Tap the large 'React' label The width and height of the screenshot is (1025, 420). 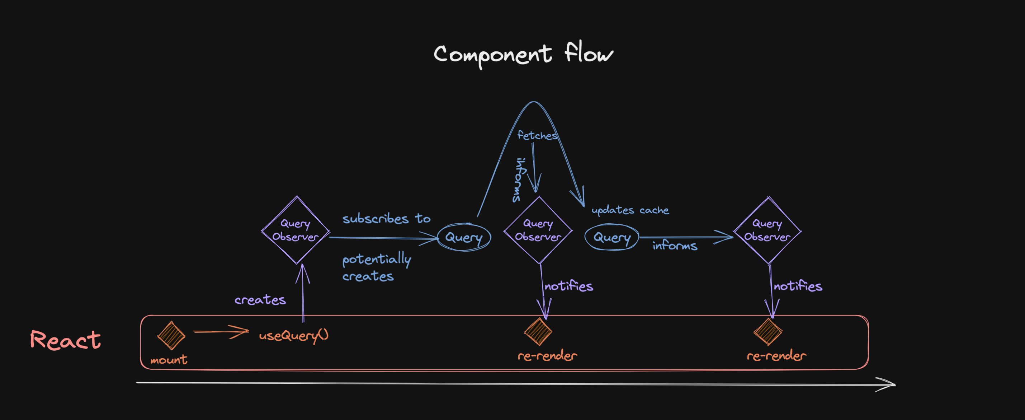coord(66,340)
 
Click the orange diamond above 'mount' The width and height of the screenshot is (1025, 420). coord(171,335)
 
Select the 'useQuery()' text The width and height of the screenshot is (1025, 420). coord(294,336)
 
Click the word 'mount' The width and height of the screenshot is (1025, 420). coord(169,360)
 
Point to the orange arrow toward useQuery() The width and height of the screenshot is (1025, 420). coord(221,332)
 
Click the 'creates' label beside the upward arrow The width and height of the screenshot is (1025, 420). coord(260,300)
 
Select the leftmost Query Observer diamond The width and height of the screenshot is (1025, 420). coord(296,230)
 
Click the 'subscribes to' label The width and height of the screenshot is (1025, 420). coord(386,219)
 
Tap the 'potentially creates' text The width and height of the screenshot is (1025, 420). coord(376,267)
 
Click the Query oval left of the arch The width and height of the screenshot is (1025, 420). coord(464,237)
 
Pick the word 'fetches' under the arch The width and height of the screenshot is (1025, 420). coord(537,136)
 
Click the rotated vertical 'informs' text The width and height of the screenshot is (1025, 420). coord(518,180)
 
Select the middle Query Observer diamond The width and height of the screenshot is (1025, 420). coord(538,230)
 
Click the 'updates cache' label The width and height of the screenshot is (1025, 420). coord(630,210)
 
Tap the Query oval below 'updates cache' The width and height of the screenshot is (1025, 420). coord(612,237)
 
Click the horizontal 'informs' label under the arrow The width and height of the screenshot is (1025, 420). coord(675,246)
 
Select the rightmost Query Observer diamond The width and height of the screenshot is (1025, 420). coord(767,230)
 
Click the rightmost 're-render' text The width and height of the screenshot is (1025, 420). coord(776,356)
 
